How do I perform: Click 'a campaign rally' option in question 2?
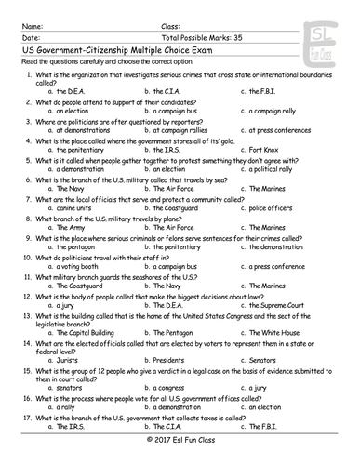point(279,110)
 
